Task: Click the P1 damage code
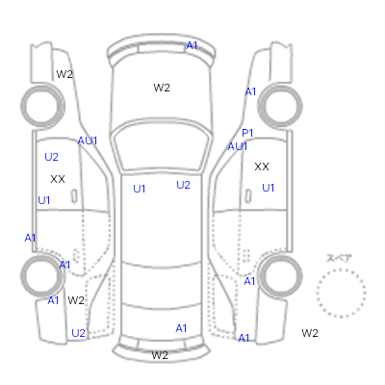(x=247, y=133)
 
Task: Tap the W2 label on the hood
(x=162, y=88)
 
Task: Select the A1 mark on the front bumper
(x=192, y=45)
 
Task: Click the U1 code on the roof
(x=140, y=189)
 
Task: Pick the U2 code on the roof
(x=183, y=185)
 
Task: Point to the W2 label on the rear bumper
(x=160, y=355)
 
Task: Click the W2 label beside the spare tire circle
(x=310, y=333)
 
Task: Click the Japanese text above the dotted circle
(x=339, y=259)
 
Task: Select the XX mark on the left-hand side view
(x=58, y=179)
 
